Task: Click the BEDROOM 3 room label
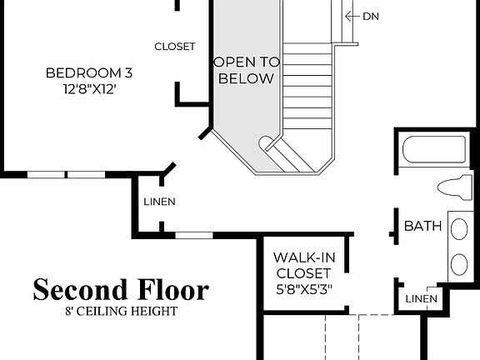88,72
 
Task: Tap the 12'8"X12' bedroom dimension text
88,88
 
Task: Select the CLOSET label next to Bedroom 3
175,47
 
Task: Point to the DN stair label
371,16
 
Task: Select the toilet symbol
454,187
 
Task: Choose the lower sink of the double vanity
459,265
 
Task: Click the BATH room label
422,226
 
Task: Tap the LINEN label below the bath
421,299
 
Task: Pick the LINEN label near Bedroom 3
159,202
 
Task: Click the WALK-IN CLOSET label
304,265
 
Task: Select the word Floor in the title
172,290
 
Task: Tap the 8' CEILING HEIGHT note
122,312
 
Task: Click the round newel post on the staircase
267,142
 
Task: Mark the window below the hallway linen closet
194,236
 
